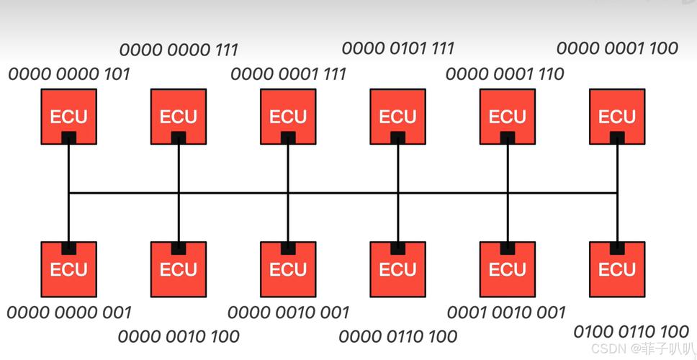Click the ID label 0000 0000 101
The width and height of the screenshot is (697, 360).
coord(69,73)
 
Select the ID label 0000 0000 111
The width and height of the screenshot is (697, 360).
coord(179,50)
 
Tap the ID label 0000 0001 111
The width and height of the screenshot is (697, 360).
coord(288,73)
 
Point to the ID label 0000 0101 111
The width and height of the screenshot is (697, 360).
coord(398,48)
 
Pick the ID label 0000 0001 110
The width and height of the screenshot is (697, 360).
coord(505,73)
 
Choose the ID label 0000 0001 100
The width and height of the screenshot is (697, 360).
coord(617,48)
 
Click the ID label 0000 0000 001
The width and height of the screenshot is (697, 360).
coord(69,312)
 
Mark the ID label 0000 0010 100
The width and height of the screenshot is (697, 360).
coord(179,336)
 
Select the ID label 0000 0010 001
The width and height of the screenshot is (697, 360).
coord(288,312)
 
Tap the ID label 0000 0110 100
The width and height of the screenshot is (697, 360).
coord(398,336)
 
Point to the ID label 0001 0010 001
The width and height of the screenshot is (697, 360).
coord(506,312)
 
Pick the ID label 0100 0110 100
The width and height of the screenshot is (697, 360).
coord(631,332)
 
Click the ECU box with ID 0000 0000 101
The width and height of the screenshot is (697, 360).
coord(69,116)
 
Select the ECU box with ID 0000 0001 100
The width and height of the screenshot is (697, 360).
coord(617,116)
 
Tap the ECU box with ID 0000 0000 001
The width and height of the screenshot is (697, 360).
coord(69,269)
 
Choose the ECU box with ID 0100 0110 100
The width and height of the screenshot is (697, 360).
coord(617,269)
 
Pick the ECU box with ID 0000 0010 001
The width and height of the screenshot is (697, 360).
coord(288,269)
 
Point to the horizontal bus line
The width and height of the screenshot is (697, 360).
coord(343,193)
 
